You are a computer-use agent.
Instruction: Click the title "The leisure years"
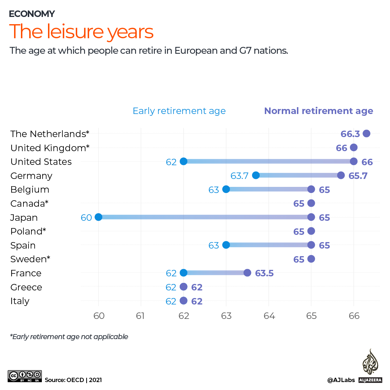tap(81, 32)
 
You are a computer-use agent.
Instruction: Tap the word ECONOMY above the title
tap(32, 14)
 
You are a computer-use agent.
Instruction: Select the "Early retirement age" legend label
tap(179, 111)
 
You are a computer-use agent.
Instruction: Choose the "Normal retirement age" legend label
tap(319, 111)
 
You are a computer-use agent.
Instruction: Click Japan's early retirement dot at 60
tap(98, 217)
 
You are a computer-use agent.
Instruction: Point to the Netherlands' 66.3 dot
tap(367, 133)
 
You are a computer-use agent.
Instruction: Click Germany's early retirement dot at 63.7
tap(256, 175)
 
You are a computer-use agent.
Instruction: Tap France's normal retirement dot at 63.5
tap(247, 273)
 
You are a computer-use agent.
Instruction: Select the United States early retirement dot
tap(183, 161)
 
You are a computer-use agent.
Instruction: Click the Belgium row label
tap(30, 189)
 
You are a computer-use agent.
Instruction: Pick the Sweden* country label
tap(30, 259)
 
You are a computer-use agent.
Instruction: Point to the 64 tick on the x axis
tap(269, 316)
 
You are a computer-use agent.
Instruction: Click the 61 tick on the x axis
tap(141, 316)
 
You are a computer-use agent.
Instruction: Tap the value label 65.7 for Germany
tap(358, 176)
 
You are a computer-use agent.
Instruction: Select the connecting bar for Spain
tap(268, 245)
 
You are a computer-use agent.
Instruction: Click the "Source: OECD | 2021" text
tap(73, 380)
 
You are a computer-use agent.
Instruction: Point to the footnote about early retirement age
tap(69, 337)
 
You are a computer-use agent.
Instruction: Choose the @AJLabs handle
tap(341, 380)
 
